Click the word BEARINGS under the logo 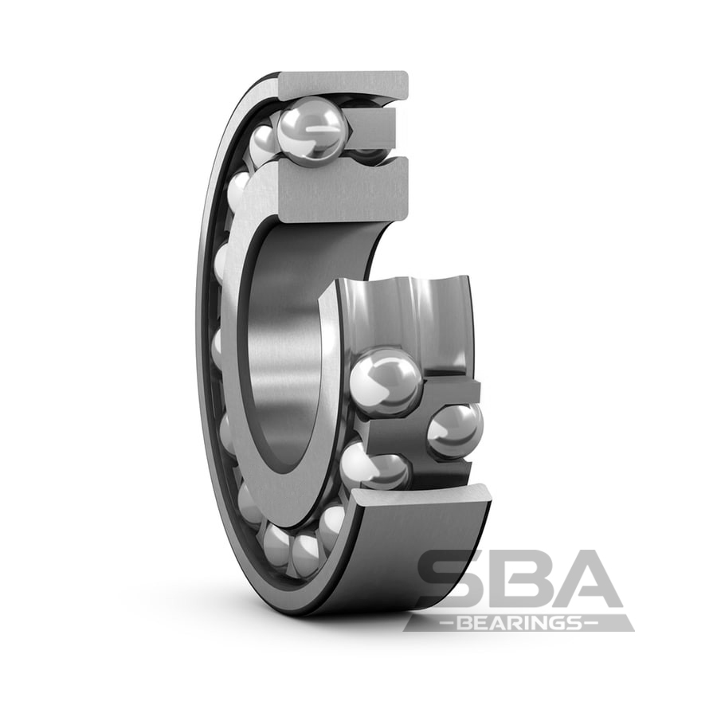coord(519,623)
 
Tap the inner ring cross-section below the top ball coord(342,190)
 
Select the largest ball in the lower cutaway coord(386,382)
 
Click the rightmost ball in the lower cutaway coord(455,429)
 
